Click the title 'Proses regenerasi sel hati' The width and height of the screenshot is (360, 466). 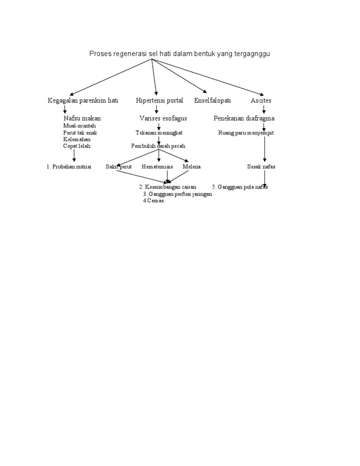[x=180, y=54]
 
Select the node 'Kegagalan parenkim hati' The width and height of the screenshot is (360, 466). [x=83, y=101]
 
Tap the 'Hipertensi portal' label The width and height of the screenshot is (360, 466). [x=159, y=101]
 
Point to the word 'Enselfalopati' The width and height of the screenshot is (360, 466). [x=212, y=101]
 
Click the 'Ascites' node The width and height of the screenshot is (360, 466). [x=261, y=101]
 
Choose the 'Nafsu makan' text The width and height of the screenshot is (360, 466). [x=82, y=119]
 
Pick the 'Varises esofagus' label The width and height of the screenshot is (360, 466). [x=163, y=119]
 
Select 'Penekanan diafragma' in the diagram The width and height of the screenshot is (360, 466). [x=244, y=119]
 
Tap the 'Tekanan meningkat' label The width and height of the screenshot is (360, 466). [x=156, y=133]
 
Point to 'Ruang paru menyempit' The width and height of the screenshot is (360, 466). [x=246, y=133]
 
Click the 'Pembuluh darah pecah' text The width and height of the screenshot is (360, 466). [x=158, y=146]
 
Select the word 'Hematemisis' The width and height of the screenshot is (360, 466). [x=157, y=167]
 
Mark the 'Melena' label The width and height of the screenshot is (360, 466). [x=192, y=167]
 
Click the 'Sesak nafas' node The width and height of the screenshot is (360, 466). [x=262, y=167]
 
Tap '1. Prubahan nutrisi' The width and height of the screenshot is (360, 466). [x=69, y=167]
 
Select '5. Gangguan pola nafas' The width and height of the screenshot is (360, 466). [x=240, y=187]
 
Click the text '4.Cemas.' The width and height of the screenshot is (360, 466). [x=154, y=201]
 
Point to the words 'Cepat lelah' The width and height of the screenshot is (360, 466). [x=77, y=146]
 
